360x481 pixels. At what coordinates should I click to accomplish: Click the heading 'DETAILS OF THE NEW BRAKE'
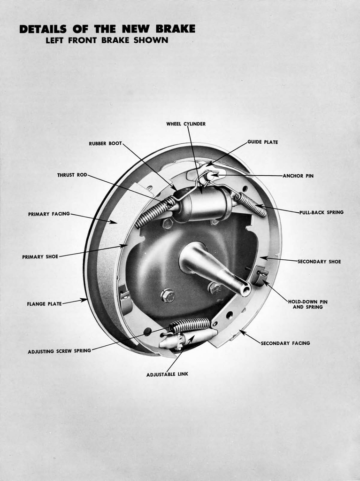pos(107,29)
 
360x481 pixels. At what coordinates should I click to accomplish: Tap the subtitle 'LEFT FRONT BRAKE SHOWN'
pos(107,40)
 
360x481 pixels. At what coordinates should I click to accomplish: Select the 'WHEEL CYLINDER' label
pos(186,124)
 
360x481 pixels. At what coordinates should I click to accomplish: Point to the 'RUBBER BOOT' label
pos(105,143)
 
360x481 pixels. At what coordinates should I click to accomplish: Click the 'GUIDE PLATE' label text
pos(262,142)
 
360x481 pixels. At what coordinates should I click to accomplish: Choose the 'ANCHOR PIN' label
pos(298,176)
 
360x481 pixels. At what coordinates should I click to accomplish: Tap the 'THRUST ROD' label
pos(72,175)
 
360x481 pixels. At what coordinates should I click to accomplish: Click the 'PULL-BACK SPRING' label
pos(321,212)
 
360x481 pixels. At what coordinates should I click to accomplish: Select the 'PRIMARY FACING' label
pos(49,214)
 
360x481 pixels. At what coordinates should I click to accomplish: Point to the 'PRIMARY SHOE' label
pos(40,257)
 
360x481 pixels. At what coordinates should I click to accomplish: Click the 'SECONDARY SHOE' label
pos(319,261)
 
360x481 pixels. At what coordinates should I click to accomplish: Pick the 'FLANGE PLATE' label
pos(44,304)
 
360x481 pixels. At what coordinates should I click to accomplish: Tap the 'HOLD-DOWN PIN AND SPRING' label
pos(307,304)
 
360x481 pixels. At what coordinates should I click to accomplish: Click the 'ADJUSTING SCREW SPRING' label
pos(59,351)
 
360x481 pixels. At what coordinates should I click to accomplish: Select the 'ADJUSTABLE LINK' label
pos(167,374)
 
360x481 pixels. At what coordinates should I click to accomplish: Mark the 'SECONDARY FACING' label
pos(285,343)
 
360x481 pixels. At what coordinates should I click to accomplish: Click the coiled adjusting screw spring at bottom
pos(190,325)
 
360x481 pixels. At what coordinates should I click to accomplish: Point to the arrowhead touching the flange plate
pos(85,299)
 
